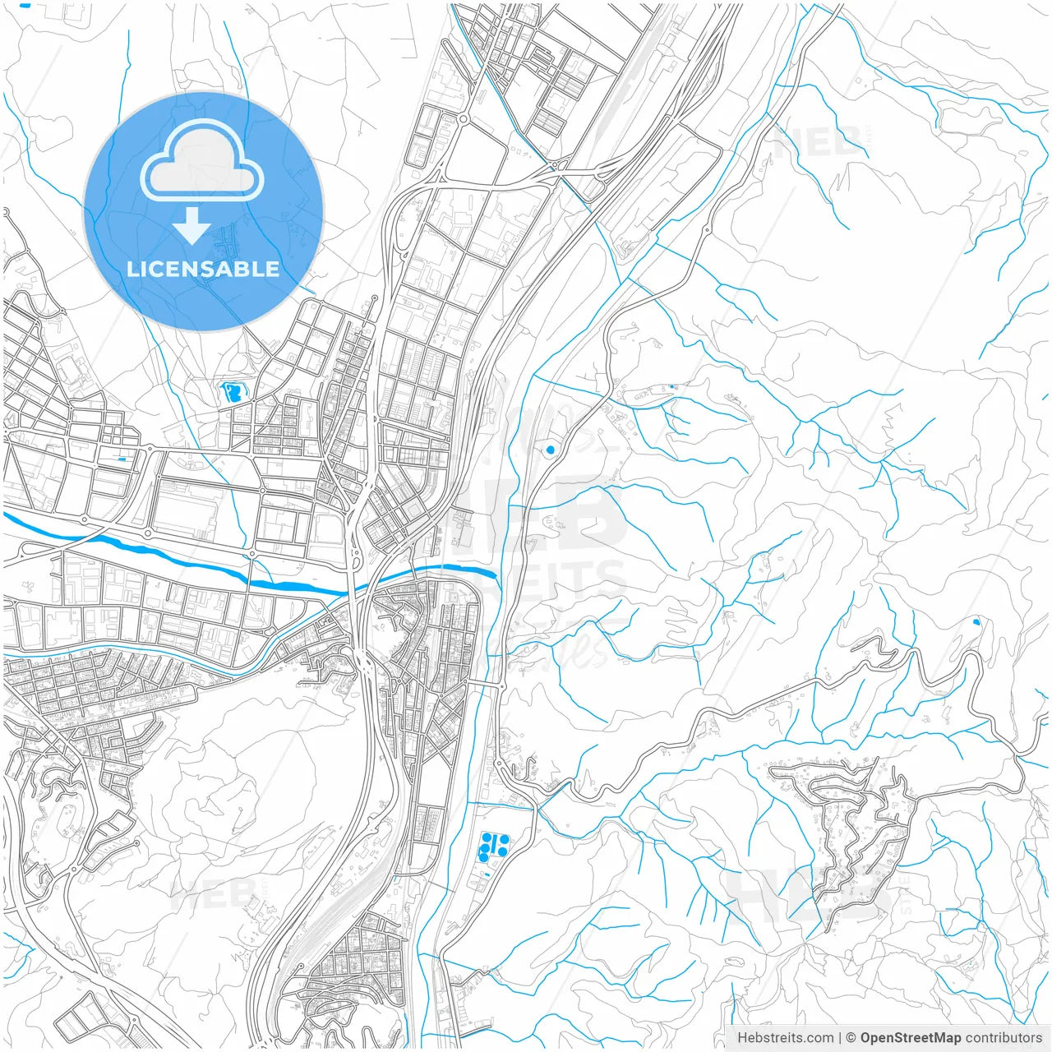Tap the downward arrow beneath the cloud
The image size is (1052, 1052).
[192, 226]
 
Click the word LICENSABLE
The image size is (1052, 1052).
[203, 269]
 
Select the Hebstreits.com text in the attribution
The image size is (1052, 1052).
[786, 1038]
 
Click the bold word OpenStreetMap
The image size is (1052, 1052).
[910, 1038]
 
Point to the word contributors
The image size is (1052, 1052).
[1004, 1038]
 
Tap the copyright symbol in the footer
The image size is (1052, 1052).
[851, 1038]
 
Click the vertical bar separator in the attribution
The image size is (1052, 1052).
[840, 1038]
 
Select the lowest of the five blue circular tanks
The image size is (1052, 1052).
[483, 858]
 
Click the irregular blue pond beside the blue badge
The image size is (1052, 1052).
[232, 391]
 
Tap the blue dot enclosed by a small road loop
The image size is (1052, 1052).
[550, 450]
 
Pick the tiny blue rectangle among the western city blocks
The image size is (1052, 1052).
[122, 458]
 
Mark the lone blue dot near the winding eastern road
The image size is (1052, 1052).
[976, 622]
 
